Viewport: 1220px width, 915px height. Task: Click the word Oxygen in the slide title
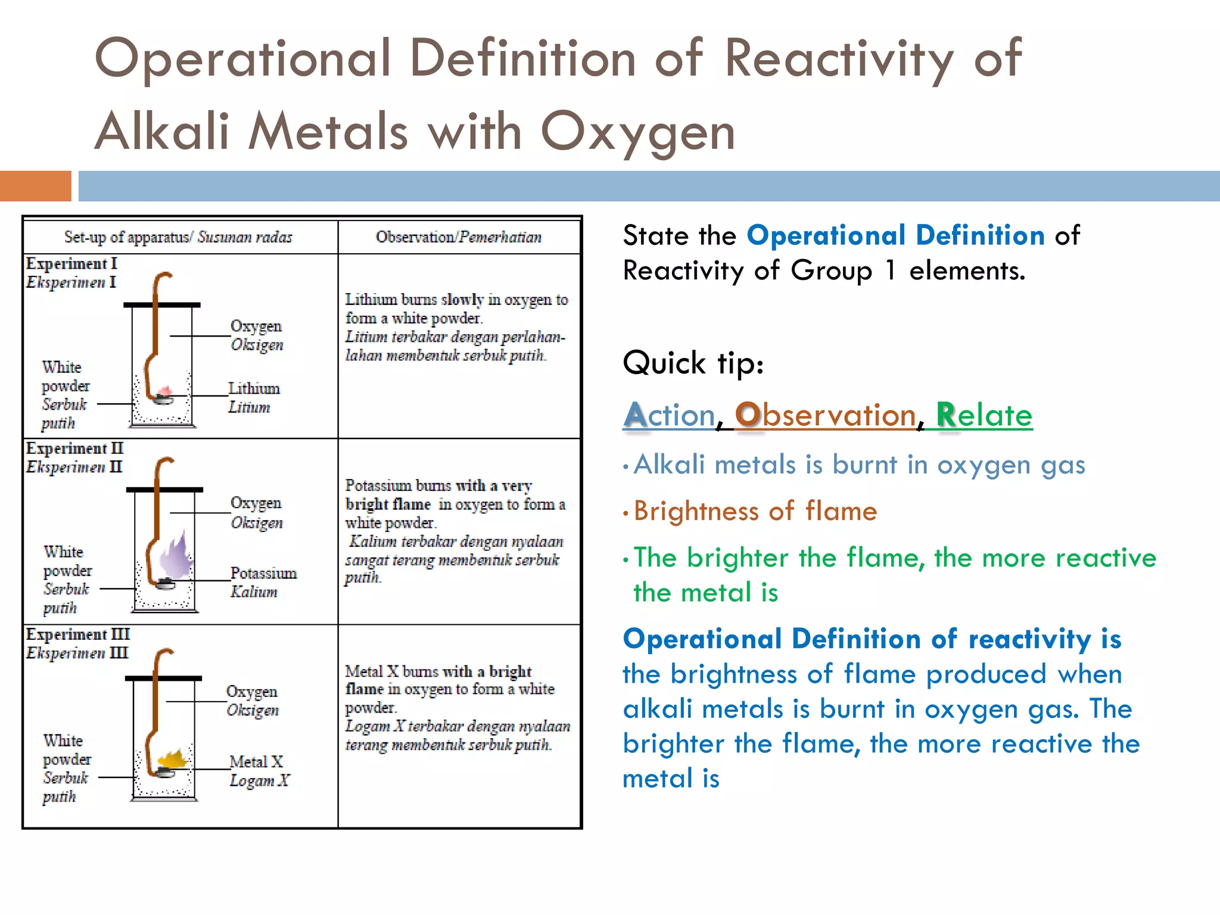[x=637, y=132]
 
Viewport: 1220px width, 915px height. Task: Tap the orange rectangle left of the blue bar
[x=35, y=186]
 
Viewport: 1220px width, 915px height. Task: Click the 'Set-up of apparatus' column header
[x=178, y=237]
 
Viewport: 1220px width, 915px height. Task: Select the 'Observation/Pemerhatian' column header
[x=458, y=237]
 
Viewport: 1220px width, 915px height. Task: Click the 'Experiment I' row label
[x=71, y=263]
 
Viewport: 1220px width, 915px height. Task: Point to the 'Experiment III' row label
[x=77, y=634]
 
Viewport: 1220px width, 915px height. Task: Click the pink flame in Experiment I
[x=165, y=391]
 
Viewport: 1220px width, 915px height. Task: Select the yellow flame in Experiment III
[x=172, y=759]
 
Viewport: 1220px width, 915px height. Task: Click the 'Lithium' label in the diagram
[x=254, y=388]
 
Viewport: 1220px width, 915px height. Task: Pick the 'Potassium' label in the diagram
[x=263, y=573]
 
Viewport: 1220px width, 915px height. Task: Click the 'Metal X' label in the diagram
[x=256, y=762]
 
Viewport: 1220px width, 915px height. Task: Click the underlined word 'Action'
[x=669, y=415]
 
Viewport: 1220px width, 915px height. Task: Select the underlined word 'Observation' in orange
[x=825, y=415]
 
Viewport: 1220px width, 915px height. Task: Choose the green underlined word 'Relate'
[x=984, y=415]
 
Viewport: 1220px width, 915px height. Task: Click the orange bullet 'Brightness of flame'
[x=755, y=511]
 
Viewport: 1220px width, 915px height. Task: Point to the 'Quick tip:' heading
[x=693, y=363]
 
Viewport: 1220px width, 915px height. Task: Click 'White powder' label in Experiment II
[x=67, y=561]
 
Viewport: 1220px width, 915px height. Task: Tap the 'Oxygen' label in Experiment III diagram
[x=252, y=692]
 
